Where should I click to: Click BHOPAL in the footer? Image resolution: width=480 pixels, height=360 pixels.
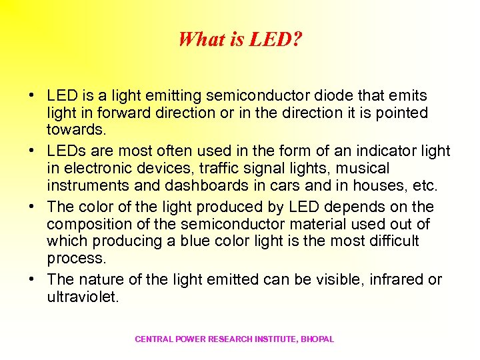click(x=317, y=339)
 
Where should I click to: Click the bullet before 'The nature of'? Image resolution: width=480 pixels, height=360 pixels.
click(x=33, y=280)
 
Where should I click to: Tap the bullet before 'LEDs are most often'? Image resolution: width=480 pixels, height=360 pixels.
click(x=33, y=151)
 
